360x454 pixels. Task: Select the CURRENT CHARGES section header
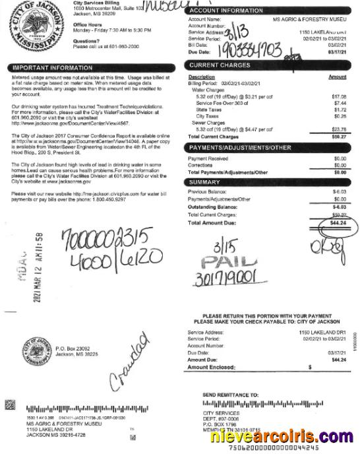click(220, 65)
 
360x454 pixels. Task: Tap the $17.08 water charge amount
click(339, 97)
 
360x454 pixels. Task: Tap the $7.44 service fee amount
click(339, 103)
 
